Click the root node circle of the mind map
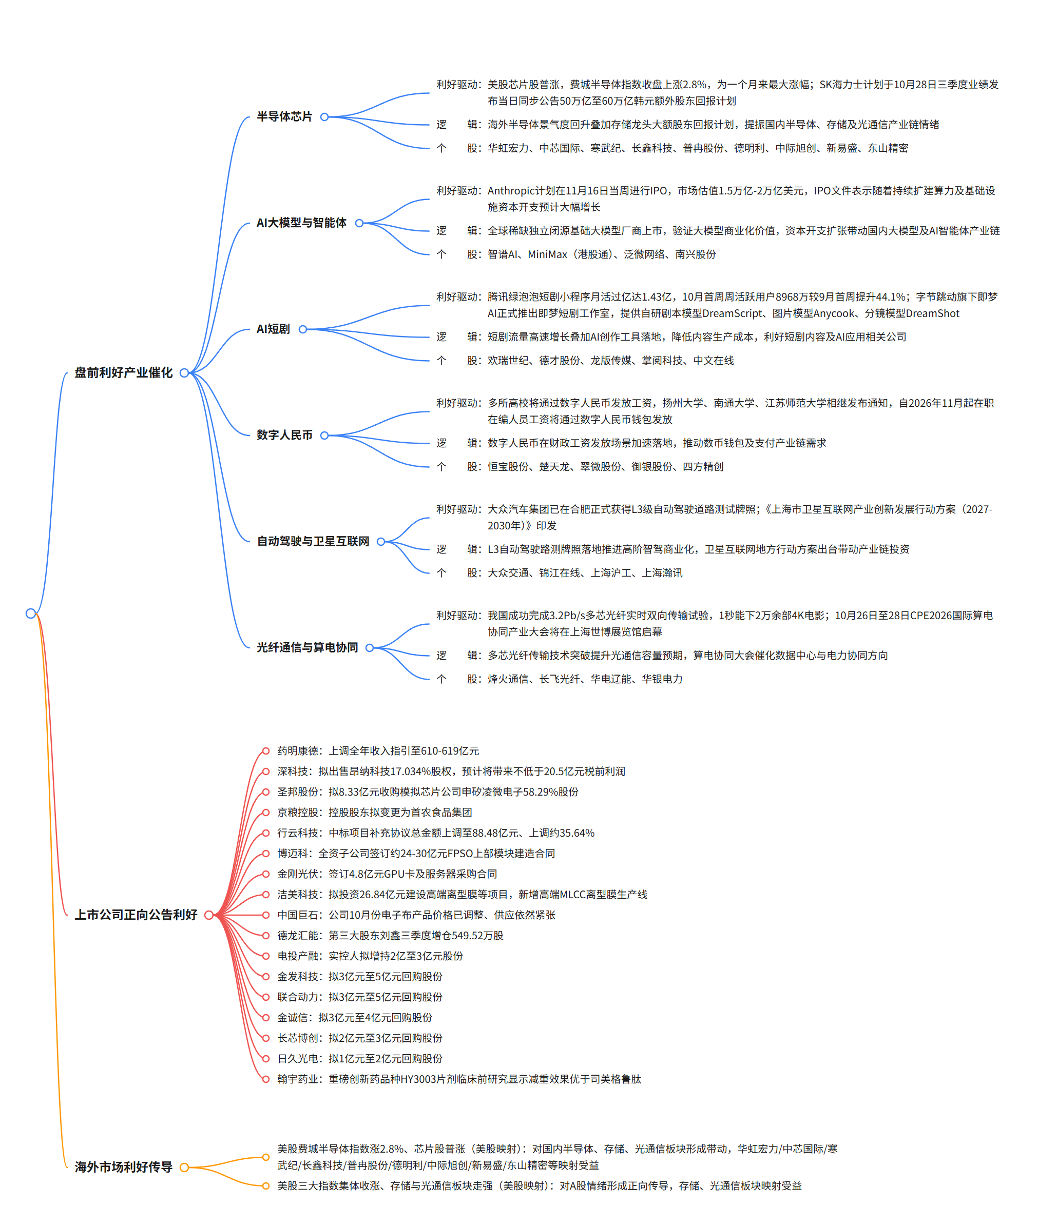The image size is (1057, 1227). click(x=31, y=613)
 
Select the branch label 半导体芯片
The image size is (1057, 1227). click(x=284, y=116)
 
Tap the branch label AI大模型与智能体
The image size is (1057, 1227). click(x=301, y=223)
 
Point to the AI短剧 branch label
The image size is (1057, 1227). click(x=273, y=329)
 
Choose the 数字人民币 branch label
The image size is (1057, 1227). click(x=284, y=436)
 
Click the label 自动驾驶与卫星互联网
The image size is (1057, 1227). click(x=313, y=541)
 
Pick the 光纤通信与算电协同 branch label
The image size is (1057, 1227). click(x=308, y=647)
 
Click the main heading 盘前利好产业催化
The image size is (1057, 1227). click(x=124, y=372)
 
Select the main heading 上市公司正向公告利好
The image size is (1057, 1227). click(x=136, y=915)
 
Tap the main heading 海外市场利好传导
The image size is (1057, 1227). click(x=124, y=1167)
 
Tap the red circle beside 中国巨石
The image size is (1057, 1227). click(x=266, y=915)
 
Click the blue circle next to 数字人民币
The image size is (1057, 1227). click(x=324, y=436)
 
